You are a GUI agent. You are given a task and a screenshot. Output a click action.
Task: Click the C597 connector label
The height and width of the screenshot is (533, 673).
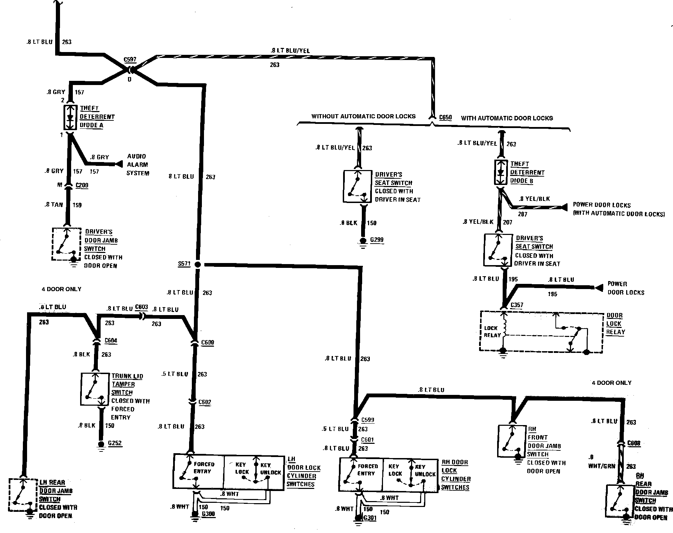point(130,60)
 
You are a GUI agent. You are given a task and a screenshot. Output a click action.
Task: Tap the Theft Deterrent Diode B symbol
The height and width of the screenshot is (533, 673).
point(501,172)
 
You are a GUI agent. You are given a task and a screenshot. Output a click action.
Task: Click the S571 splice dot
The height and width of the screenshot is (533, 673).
point(198,264)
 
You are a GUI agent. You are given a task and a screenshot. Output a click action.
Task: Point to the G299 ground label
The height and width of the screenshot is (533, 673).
point(377,240)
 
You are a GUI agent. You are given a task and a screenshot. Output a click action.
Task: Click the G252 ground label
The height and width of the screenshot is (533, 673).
point(115,443)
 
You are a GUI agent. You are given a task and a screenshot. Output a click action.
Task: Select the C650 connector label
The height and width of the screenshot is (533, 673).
point(445,117)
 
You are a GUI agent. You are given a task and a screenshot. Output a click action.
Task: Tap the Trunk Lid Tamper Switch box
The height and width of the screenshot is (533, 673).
point(95,389)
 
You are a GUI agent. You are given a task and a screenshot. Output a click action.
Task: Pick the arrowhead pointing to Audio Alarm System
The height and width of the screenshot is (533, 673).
point(120,164)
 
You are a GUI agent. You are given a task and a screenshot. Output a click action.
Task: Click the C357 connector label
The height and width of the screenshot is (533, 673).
point(517,305)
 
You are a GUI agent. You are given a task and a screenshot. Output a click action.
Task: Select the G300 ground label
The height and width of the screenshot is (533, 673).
point(208,514)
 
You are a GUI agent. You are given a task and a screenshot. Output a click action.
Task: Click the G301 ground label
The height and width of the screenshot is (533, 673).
point(370,518)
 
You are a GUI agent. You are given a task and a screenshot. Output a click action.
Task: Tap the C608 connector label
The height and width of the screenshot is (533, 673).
point(634,443)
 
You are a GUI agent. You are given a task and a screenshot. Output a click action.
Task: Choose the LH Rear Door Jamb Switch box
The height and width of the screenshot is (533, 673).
point(23,495)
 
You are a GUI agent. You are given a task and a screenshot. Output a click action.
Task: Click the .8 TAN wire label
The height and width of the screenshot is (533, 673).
point(54,205)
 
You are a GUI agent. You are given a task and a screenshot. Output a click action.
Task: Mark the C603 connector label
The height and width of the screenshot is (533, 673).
point(141,307)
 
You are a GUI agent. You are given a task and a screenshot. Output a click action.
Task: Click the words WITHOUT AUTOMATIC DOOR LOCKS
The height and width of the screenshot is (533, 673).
point(363,116)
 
